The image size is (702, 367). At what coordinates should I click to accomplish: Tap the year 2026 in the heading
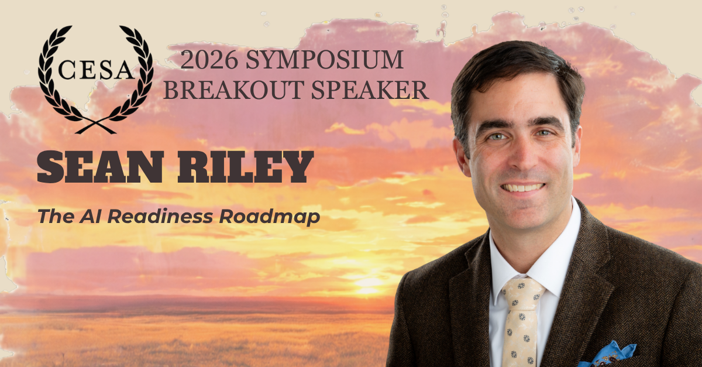tap(209, 60)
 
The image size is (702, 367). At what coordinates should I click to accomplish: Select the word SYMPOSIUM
tap(324, 60)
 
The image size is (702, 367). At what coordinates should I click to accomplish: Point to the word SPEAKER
tap(370, 90)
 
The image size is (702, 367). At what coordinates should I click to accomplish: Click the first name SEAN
tap(100, 167)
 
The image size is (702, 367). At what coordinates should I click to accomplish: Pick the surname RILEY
tap(245, 167)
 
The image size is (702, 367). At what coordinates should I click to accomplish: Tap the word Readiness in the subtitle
tap(160, 217)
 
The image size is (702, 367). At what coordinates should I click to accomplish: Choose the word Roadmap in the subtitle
tap(269, 217)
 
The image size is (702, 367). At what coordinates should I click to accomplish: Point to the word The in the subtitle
tap(56, 217)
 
